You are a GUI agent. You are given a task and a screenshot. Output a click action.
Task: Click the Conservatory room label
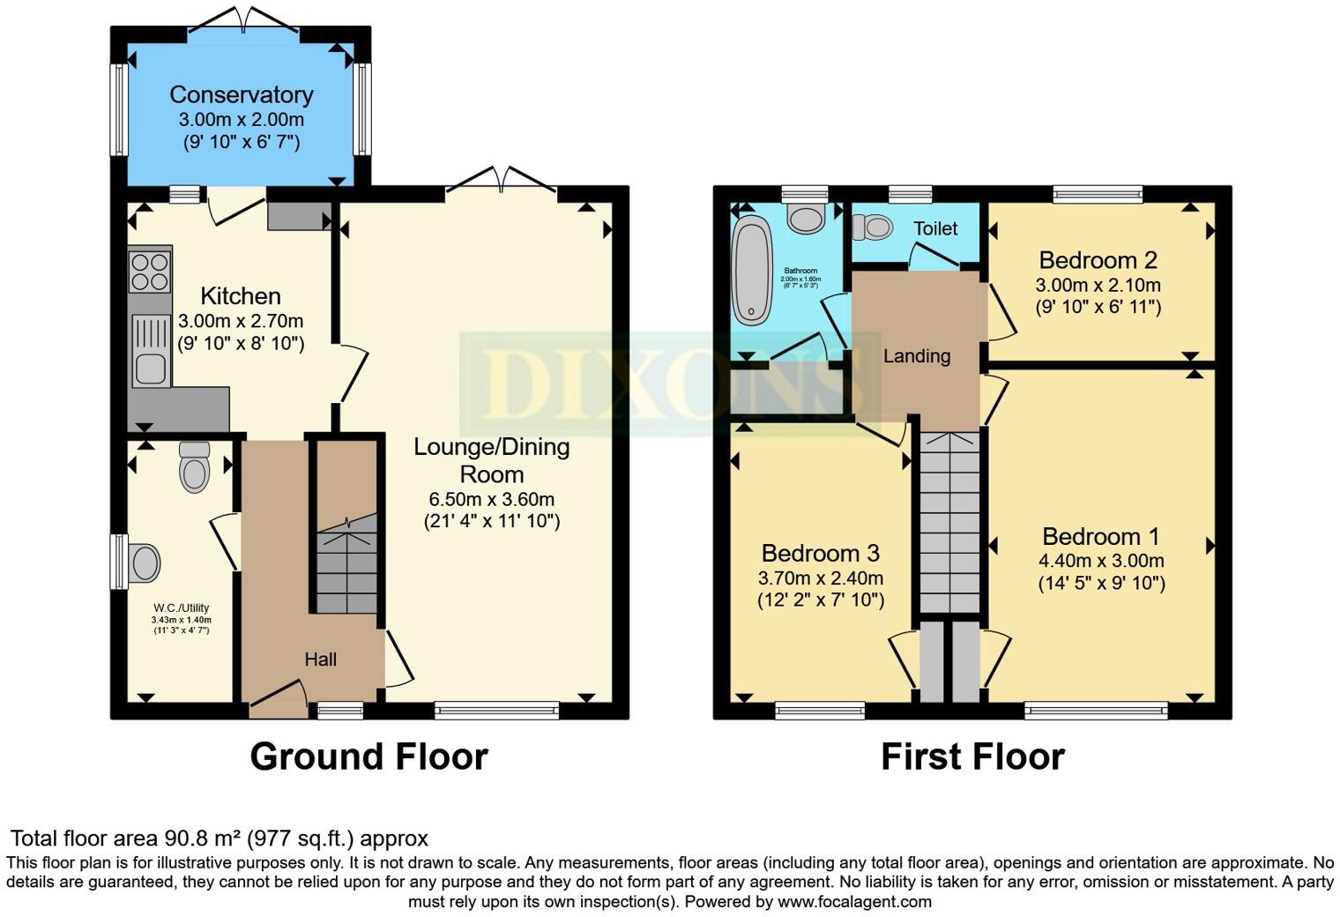click(241, 94)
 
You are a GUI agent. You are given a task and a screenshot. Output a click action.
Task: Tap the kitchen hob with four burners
click(149, 271)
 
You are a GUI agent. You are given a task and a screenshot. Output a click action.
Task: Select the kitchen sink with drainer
click(150, 351)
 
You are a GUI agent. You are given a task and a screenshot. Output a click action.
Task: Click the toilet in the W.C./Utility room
click(194, 466)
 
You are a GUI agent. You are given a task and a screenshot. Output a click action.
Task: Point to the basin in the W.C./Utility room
click(144, 563)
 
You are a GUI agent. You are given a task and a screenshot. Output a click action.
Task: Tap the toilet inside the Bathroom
click(806, 214)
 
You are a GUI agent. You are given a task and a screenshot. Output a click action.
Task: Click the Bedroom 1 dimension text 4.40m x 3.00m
click(1101, 561)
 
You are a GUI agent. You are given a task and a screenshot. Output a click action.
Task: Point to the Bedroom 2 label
click(1098, 260)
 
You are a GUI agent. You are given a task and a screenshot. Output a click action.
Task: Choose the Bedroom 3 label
click(820, 553)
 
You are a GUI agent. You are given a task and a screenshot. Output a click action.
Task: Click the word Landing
click(917, 356)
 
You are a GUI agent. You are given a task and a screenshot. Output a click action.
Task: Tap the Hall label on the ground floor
click(320, 660)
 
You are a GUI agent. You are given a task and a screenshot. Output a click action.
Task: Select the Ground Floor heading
click(368, 757)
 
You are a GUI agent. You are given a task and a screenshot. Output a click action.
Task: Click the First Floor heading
click(972, 757)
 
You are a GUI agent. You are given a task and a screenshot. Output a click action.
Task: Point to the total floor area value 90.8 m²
click(202, 838)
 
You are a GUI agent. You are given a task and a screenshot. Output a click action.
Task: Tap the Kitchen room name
click(241, 296)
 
